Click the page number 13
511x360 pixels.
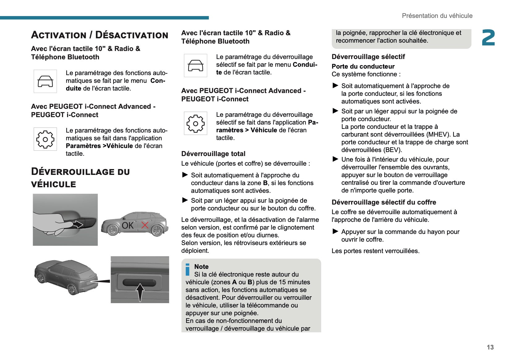pos(490,347)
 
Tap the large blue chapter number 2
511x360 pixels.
pos(488,38)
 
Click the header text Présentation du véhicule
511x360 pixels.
pos(437,16)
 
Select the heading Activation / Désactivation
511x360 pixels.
pos(100,35)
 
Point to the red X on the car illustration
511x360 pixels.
pos(145,225)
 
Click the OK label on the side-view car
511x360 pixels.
pos(128,226)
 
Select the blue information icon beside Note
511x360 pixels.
pos(187,269)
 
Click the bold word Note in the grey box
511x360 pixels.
pos(201,267)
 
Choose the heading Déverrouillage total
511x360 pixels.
pos(213,154)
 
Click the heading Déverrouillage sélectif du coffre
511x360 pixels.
pos(384,202)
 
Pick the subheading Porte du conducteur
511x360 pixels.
pos(363,66)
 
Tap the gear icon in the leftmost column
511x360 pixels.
pos(45,139)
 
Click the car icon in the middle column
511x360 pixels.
pos(195,66)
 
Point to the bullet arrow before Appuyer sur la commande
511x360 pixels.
pos(335,231)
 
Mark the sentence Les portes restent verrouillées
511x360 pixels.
pos(375,251)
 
